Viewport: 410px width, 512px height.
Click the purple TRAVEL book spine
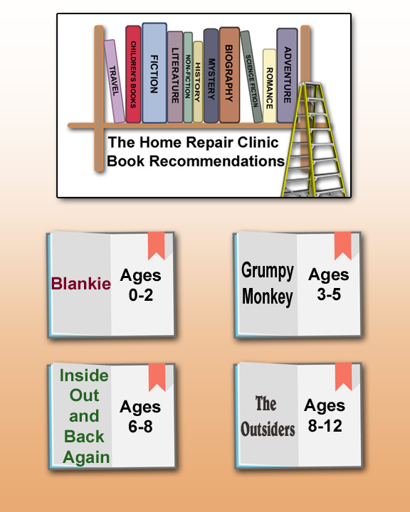(114, 81)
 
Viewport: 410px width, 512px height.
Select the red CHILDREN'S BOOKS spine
(133, 74)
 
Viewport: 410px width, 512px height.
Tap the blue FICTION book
(154, 73)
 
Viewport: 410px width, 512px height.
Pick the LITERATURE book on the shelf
(175, 77)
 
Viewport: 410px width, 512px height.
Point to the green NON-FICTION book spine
(188, 77)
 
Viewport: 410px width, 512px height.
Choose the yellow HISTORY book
(198, 82)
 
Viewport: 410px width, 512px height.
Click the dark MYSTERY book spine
(211, 76)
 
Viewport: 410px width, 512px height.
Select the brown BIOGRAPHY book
(229, 75)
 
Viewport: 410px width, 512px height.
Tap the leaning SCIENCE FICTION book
(251, 77)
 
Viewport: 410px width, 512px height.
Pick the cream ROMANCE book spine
(269, 86)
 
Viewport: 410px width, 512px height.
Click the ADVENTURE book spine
(287, 75)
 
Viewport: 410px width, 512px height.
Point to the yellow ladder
(313, 139)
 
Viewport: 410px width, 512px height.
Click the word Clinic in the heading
(258, 142)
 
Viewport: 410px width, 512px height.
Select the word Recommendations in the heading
(217, 161)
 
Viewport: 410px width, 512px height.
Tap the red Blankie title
(81, 284)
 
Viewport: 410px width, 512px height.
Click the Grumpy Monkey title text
(268, 284)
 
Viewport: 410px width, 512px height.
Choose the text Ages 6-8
(140, 417)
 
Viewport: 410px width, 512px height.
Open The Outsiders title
(268, 416)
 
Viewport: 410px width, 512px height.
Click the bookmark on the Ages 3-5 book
(342, 245)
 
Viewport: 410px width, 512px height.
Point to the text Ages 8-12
(325, 416)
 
